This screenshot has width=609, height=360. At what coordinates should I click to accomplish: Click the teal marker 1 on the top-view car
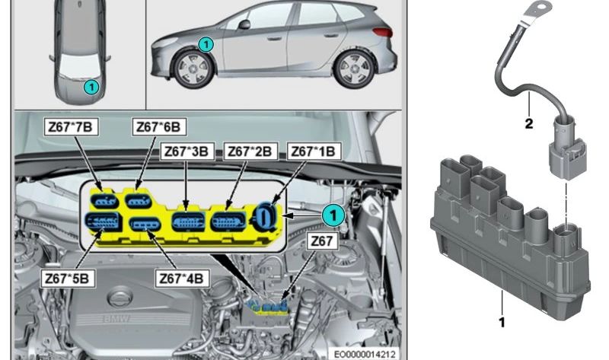(91, 88)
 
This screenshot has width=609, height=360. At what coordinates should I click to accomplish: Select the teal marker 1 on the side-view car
(204, 46)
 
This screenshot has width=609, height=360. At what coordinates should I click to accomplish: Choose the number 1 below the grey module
(502, 321)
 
